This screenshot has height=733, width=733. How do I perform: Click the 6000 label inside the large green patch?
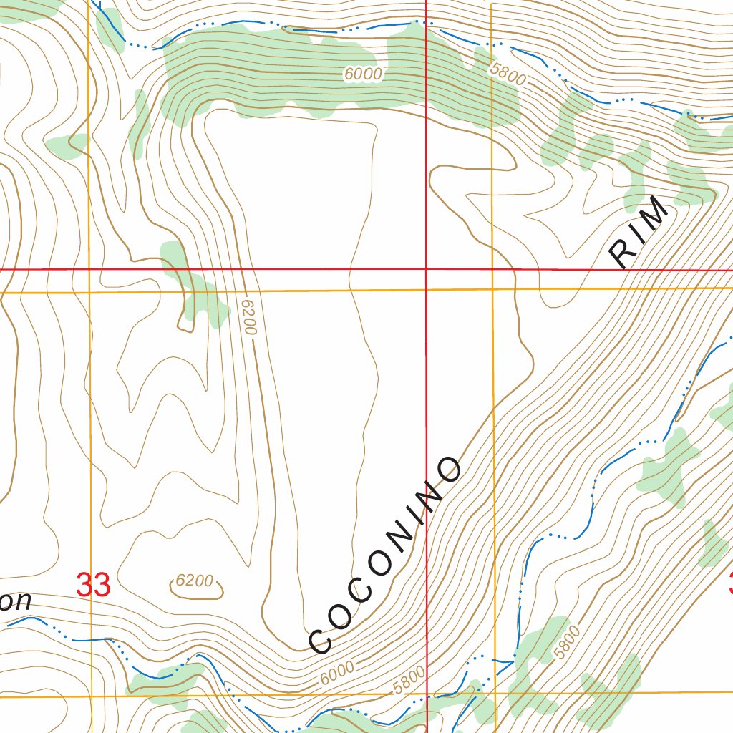(x=363, y=74)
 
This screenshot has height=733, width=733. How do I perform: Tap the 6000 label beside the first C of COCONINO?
(x=337, y=671)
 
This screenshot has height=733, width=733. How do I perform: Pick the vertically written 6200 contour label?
(x=248, y=316)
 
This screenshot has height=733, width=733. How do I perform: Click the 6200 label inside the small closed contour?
(x=195, y=581)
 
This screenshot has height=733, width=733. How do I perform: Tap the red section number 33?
(x=93, y=586)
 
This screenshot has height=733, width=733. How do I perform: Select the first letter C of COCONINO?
(x=320, y=639)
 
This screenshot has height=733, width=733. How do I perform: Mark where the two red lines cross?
(x=426, y=270)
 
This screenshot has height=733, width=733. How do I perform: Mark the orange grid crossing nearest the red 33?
(x=90, y=696)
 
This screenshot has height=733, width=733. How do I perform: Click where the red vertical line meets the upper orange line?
(x=426, y=290)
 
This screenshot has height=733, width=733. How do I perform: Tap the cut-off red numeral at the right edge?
(x=729, y=583)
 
